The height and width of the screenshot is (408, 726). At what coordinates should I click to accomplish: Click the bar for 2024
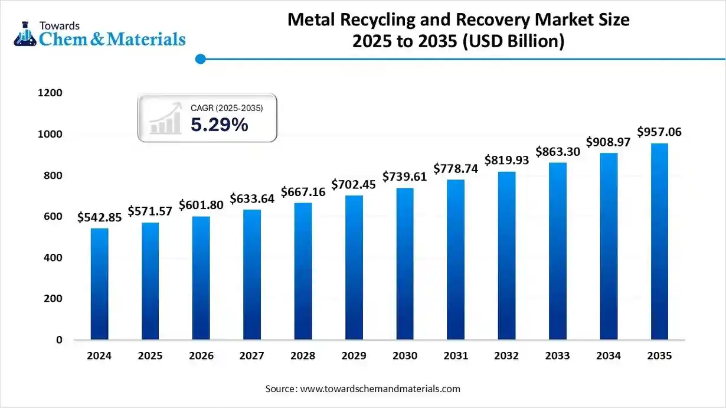[99, 284]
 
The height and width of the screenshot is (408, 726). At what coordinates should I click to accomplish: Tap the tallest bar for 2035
[659, 241]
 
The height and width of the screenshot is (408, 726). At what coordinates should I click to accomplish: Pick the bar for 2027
[252, 275]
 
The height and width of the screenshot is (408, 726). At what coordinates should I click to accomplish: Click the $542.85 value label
[99, 217]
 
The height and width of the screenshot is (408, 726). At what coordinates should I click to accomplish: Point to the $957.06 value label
[659, 132]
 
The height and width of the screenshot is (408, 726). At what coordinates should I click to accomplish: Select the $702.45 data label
[354, 184]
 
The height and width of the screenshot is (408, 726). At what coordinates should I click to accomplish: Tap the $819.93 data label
[506, 160]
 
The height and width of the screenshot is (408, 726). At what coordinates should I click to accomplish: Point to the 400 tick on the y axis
[51, 257]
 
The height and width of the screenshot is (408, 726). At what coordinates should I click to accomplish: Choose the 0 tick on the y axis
[59, 340]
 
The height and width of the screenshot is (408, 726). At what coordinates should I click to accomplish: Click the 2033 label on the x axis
[557, 356]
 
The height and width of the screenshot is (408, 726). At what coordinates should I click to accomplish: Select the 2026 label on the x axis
[201, 356]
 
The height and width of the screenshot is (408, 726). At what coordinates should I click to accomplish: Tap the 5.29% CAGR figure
[219, 125]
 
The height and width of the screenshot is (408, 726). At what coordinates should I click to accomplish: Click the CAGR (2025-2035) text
[227, 108]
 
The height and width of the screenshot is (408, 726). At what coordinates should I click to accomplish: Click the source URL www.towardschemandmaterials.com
[380, 389]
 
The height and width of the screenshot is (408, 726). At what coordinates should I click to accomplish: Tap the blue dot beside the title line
[200, 58]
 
